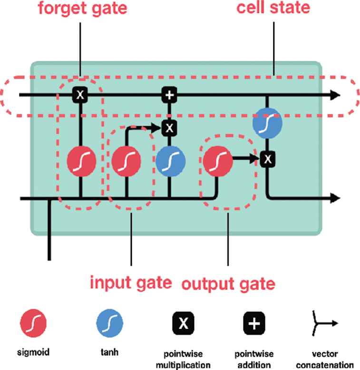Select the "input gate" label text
pos(130,282)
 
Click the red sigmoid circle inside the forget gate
pos(81,161)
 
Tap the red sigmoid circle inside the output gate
pos(217,161)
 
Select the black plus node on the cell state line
pos(169,95)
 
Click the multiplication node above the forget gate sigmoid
pos(80,95)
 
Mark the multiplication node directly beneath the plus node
pos(169,127)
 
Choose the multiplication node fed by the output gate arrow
pos(268,159)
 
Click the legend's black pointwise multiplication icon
pos(184,324)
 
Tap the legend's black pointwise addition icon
pos(255,324)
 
